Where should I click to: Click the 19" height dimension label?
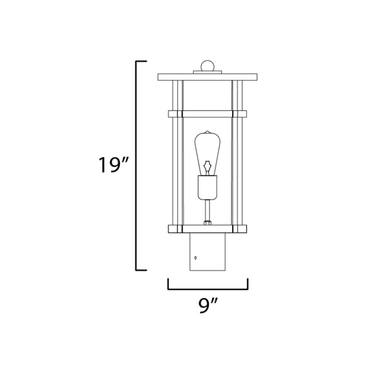(x=114, y=165)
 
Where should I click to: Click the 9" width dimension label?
(x=207, y=305)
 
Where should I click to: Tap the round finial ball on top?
(x=207, y=65)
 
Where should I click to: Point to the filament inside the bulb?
(x=207, y=166)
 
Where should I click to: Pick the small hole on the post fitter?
(x=196, y=258)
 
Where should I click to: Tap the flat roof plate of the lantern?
(x=207, y=77)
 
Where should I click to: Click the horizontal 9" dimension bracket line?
(x=207, y=289)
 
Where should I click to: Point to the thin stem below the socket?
(x=207, y=210)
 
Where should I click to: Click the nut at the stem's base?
(x=207, y=223)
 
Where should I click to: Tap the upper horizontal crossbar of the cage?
(x=207, y=114)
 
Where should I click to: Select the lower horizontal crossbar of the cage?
(x=207, y=228)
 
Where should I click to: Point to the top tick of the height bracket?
(x=142, y=61)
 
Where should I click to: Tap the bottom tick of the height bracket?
(x=142, y=270)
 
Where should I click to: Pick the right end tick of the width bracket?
(x=247, y=284)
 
